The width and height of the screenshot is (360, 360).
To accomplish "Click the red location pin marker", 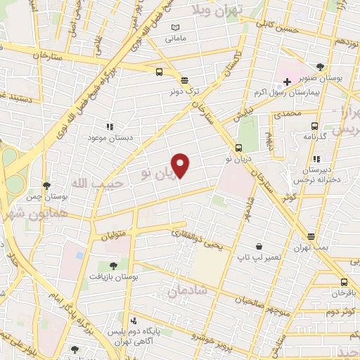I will (x=181, y=165).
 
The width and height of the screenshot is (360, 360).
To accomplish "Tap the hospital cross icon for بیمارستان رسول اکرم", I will (x=288, y=82).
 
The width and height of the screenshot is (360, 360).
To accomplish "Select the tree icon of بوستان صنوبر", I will (x=320, y=67).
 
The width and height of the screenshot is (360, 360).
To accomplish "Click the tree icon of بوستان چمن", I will (x=47, y=186).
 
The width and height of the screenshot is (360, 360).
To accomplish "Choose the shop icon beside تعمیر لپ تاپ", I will (x=259, y=247).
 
